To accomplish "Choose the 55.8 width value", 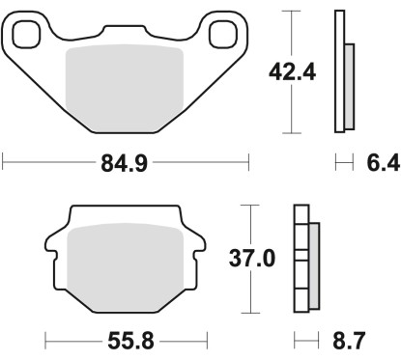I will (x=126, y=342).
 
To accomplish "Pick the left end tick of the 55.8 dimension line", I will (x=46, y=342).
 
